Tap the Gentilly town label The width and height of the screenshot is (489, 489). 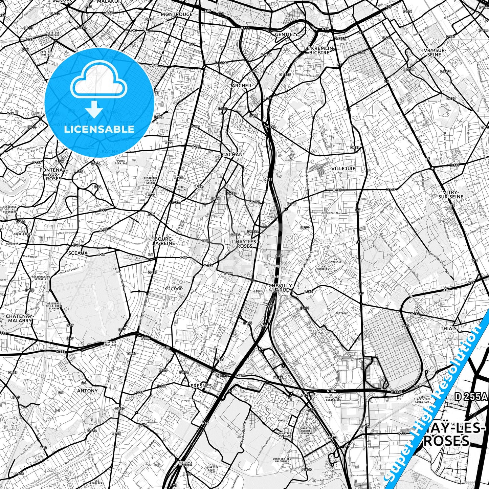click(x=286, y=35)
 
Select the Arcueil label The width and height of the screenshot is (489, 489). click(x=242, y=86)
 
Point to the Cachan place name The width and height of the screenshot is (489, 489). click(x=232, y=155)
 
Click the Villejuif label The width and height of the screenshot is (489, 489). click(x=343, y=169)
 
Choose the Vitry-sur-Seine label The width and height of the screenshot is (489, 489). click(x=451, y=194)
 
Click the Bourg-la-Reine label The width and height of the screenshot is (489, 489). click(x=164, y=241)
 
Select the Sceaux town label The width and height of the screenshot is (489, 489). click(x=78, y=253)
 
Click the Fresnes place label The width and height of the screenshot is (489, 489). click(x=201, y=386)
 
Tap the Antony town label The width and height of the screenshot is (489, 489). click(x=87, y=391)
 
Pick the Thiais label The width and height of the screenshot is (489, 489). click(x=449, y=328)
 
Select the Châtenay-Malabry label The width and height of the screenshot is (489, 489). click(x=20, y=318)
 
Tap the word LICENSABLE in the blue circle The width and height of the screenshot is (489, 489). click(x=99, y=129)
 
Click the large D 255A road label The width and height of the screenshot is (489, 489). click(x=472, y=397)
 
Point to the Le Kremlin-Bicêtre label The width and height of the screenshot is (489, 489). click(x=319, y=50)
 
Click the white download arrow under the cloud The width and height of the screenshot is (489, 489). click(x=94, y=110)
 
